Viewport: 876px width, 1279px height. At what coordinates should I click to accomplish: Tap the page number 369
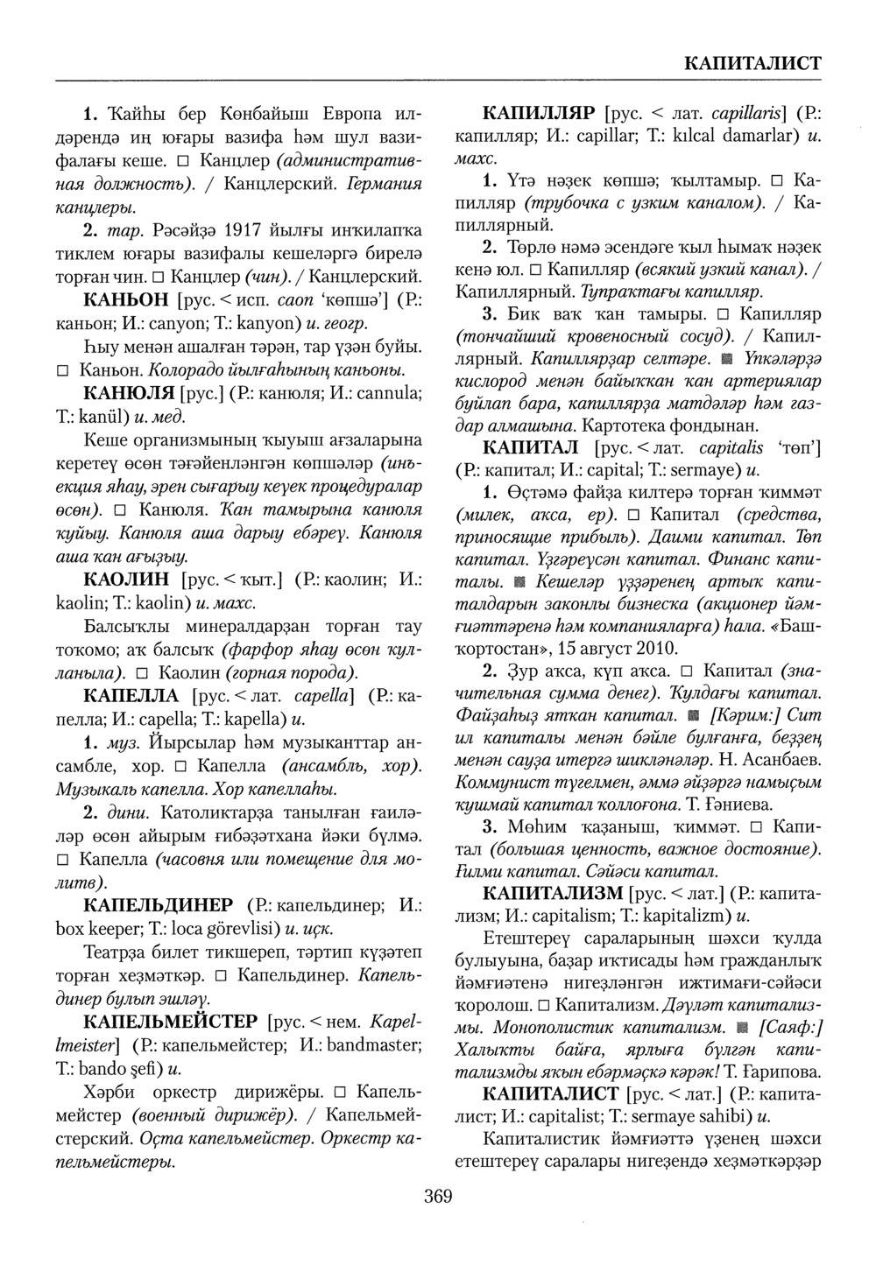coord(437,1196)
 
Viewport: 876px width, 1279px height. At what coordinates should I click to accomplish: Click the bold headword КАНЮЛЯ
coord(129,392)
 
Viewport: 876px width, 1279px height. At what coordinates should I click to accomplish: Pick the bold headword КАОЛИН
coord(128,580)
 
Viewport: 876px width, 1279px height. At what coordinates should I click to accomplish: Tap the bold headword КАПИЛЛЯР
coord(540,115)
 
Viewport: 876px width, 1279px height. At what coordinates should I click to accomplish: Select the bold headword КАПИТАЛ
coord(533,448)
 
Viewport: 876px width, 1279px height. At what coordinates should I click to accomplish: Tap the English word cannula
coord(384,394)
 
